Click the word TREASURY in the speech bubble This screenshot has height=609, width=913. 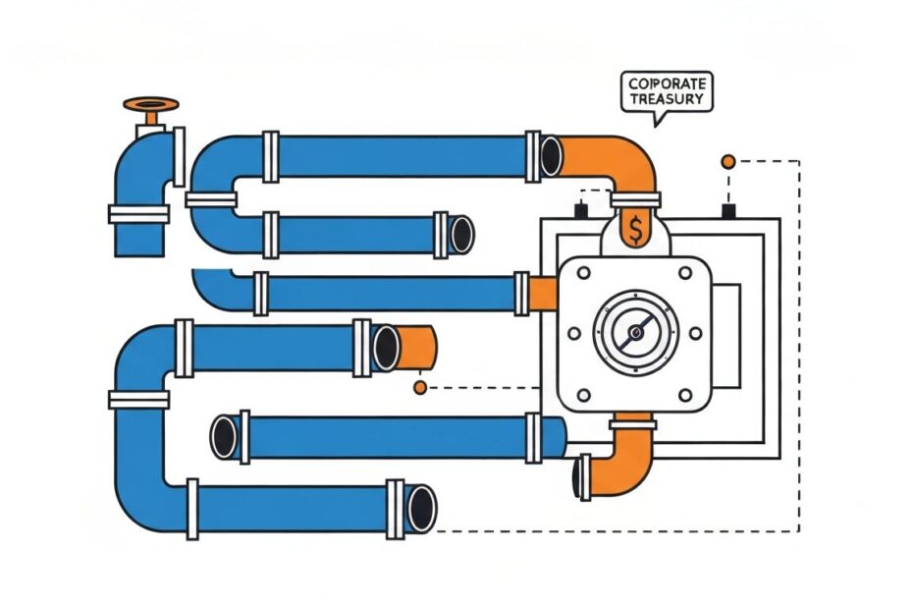point(668,99)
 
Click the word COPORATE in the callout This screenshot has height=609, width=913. point(668,83)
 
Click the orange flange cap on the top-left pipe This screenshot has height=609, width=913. point(150,103)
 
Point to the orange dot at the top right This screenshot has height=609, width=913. point(727,161)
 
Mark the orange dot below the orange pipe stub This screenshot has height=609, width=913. point(420,388)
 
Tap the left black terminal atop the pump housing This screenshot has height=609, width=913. point(580,210)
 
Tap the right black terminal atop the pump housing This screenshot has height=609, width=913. point(728,210)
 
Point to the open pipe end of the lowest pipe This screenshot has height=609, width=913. point(421,508)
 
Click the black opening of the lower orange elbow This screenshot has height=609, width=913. point(582,475)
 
